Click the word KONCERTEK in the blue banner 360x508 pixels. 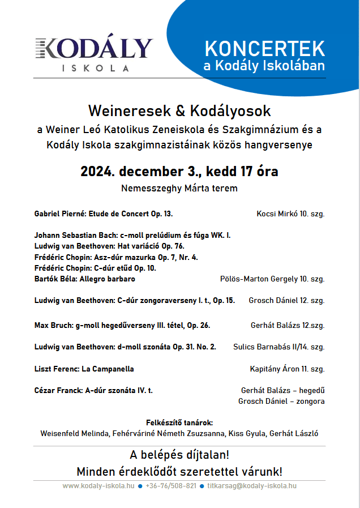click(265, 48)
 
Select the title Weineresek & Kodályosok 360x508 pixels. click(179, 110)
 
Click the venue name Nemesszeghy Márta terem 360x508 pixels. click(179, 188)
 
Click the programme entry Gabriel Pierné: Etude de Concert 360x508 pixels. click(103, 214)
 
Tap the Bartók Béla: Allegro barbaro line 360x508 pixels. click(84, 279)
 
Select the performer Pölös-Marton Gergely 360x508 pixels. click(258, 279)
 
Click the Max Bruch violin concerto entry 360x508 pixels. click(122, 325)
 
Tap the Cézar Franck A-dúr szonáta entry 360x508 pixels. click(93, 390)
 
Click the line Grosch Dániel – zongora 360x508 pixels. click(281, 402)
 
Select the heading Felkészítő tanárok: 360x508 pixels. click(179, 422)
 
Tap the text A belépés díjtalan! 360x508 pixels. click(179, 455)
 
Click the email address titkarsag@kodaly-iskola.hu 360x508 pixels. click(252, 486)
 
